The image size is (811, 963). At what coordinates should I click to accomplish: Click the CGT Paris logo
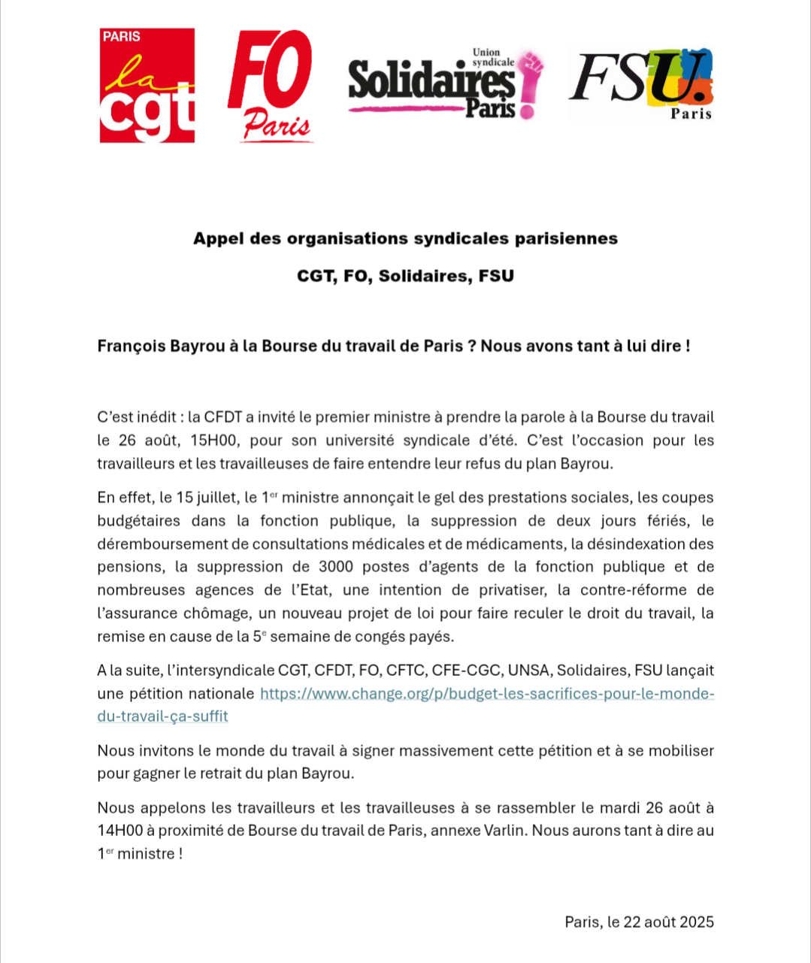coord(147,86)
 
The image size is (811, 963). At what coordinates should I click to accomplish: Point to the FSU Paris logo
coord(640,83)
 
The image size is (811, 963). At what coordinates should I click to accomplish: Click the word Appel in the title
coord(215,239)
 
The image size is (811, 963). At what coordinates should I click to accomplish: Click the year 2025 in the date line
coord(697,922)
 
